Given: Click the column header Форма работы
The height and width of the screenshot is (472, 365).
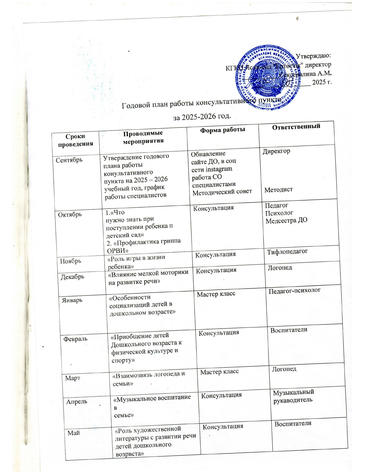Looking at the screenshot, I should (x=222, y=130).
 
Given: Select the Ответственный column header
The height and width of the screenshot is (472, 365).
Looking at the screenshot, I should (x=296, y=126).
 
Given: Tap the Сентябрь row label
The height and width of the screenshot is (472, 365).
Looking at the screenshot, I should (x=69, y=160).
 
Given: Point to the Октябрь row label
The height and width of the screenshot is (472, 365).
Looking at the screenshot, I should (x=70, y=214).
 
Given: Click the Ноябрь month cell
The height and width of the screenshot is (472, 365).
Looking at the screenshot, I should (x=70, y=261).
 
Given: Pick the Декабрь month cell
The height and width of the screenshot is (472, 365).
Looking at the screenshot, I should (x=72, y=277).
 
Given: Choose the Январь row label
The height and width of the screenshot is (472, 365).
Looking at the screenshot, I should (x=72, y=300).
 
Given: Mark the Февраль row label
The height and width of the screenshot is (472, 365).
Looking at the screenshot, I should (x=75, y=339).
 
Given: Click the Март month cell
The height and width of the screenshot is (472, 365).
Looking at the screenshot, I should (x=73, y=378).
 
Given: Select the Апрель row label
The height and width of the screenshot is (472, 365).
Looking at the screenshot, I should (x=77, y=401).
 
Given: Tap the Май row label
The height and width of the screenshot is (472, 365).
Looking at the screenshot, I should (x=74, y=433).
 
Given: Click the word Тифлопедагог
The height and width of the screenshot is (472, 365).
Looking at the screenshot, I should (x=287, y=252).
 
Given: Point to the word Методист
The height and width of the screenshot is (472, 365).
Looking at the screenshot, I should (x=279, y=189).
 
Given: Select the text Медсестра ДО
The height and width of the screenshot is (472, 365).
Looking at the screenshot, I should (x=286, y=221).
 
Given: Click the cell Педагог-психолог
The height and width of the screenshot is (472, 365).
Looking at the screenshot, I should (x=295, y=291).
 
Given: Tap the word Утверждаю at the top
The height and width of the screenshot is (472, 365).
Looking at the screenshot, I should (x=313, y=55).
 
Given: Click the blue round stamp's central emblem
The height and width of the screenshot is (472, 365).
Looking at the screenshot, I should (x=268, y=79).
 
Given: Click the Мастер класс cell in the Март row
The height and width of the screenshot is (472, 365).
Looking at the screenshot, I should (x=219, y=372).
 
